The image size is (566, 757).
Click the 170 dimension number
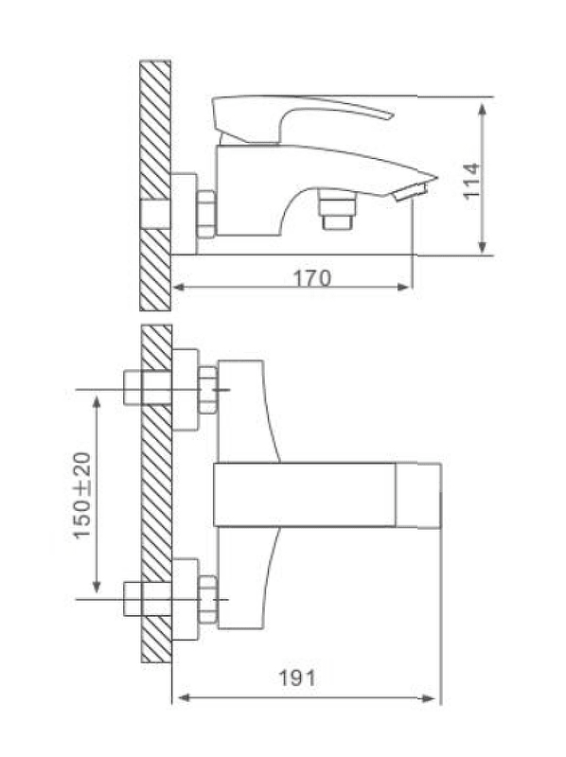pos(312,278)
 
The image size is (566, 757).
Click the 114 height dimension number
pos(472,181)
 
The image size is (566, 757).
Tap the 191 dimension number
pos(297,678)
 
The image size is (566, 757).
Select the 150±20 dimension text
pos(82,495)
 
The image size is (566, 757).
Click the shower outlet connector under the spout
pos(337,210)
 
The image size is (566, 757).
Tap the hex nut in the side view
pos(206,215)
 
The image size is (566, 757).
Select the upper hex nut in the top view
pos(208,390)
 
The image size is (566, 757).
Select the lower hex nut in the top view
pos(208,599)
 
